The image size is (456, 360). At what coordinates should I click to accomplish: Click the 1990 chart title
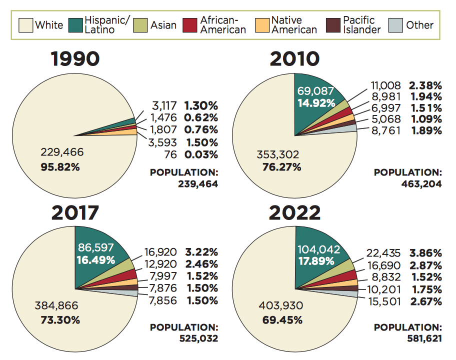(x=75, y=59)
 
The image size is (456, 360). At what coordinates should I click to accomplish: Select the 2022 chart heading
(x=295, y=213)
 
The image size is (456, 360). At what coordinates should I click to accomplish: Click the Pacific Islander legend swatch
(x=333, y=25)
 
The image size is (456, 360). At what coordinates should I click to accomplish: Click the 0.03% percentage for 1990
(x=201, y=154)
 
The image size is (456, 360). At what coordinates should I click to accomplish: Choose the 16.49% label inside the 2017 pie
(x=95, y=260)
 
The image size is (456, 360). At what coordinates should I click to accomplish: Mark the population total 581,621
(x=422, y=338)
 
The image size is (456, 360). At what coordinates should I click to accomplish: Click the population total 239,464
(x=198, y=183)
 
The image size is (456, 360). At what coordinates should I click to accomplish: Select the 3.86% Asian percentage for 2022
(x=425, y=253)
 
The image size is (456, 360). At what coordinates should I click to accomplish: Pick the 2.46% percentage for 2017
(x=201, y=264)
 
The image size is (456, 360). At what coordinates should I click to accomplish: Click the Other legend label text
(x=419, y=25)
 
